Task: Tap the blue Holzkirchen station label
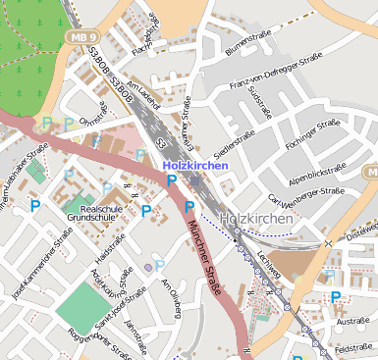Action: (194, 166)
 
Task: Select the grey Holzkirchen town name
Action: (256, 219)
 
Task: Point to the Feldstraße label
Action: (352, 348)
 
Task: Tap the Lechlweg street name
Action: (268, 260)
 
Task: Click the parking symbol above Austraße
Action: (336, 297)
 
